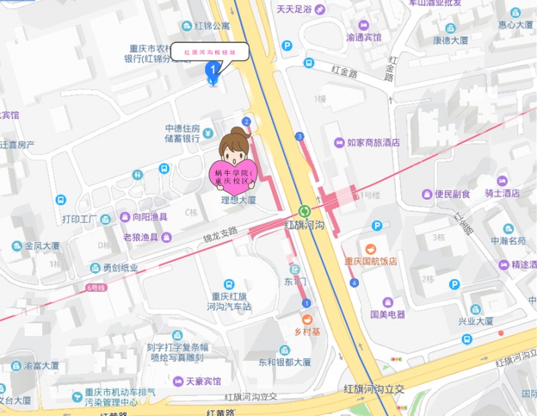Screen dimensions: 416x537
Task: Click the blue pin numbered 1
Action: click(213, 71)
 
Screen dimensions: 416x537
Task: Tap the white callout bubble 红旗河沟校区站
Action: click(209, 52)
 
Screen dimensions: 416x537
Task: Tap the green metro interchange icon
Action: click(304, 211)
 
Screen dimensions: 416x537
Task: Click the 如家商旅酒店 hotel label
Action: click(373, 143)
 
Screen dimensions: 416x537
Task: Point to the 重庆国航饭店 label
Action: click(371, 261)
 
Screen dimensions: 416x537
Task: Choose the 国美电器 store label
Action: click(387, 313)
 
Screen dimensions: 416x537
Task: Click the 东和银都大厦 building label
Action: click(285, 362)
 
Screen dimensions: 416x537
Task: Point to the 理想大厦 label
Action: click(239, 200)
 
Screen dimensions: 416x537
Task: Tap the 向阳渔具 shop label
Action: click(150, 217)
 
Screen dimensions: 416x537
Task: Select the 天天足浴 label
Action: click(294, 10)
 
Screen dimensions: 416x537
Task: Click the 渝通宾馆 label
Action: click(363, 38)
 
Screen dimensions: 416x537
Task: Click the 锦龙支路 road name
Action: click(221, 235)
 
